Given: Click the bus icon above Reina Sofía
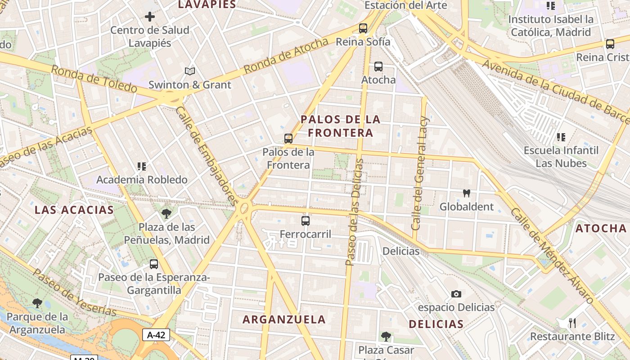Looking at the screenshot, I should [x=363, y=28].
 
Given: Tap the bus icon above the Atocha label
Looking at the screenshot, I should [x=378, y=67].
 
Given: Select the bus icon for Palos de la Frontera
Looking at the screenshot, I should [x=288, y=138].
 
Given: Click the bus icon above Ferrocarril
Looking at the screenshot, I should [x=306, y=220].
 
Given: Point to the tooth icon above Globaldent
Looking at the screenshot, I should [x=467, y=193].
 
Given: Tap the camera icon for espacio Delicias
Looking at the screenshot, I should [x=456, y=294].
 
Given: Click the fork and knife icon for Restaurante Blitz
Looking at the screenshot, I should [x=572, y=323].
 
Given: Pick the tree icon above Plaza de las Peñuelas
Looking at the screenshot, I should [x=166, y=213].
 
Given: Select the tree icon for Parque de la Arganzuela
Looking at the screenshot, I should [x=37, y=303].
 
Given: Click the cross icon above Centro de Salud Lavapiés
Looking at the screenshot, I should [x=150, y=17].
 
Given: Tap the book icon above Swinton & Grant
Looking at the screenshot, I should [x=190, y=71].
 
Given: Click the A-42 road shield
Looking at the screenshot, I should [x=156, y=335].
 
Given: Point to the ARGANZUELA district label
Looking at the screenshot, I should [x=284, y=319].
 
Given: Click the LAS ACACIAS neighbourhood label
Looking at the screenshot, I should [x=74, y=210].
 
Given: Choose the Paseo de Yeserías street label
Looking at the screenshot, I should [x=74, y=292].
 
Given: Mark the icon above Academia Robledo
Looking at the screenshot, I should [x=142, y=166].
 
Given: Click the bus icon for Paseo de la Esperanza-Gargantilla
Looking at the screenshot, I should [x=154, y=264].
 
